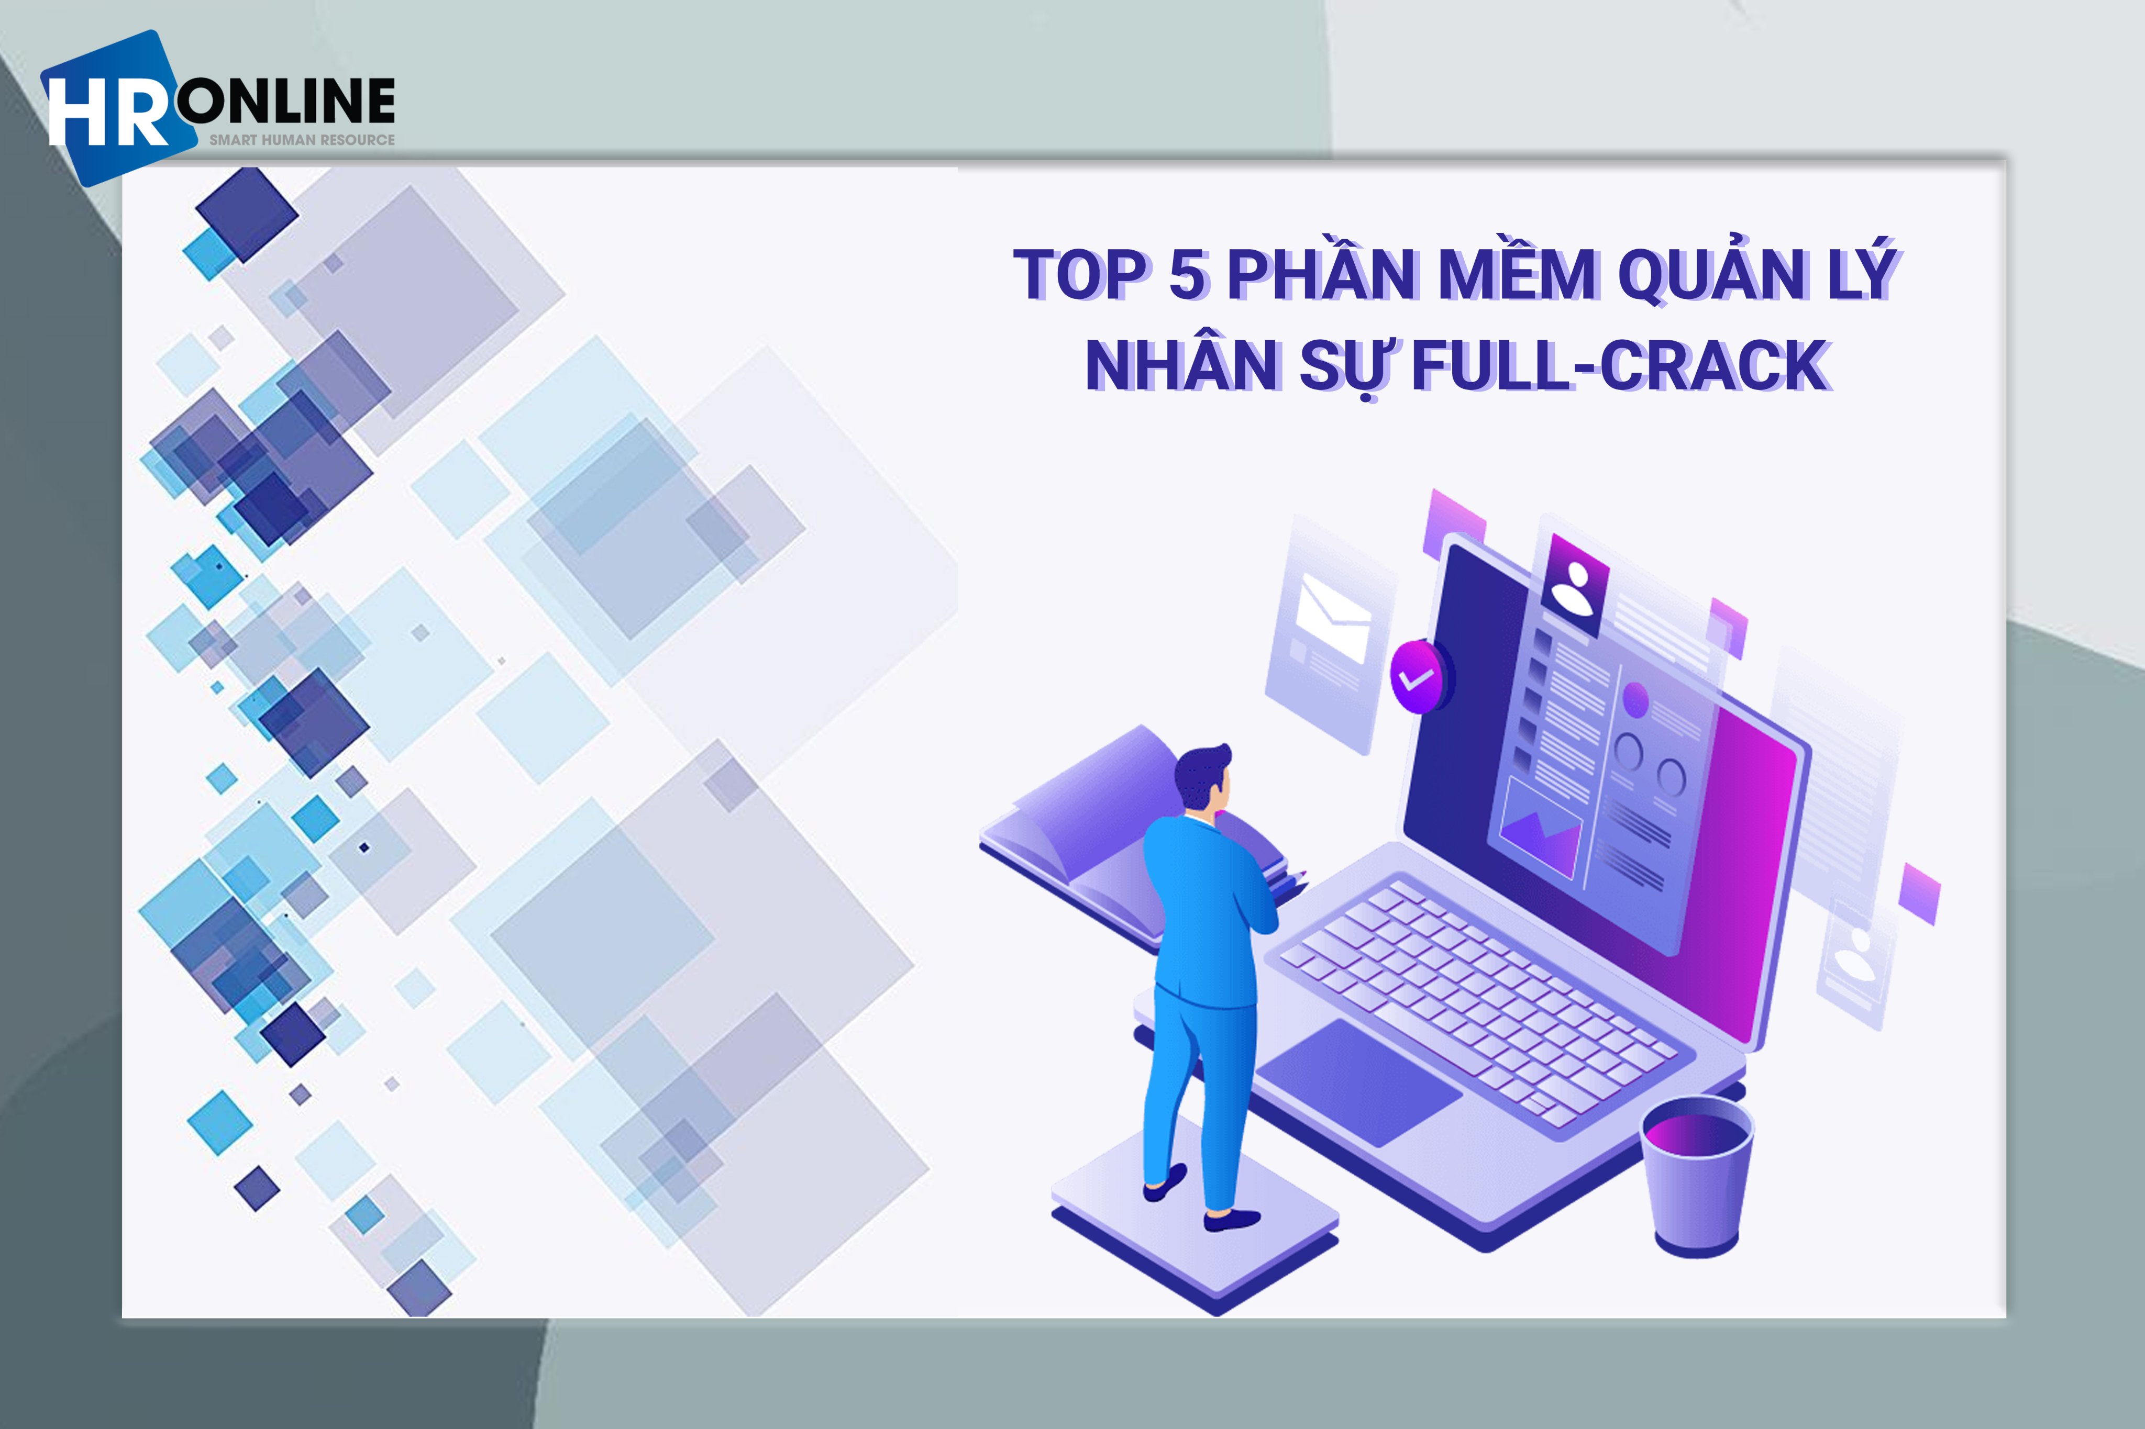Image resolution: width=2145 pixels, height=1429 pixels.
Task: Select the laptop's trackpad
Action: [1358, 1082]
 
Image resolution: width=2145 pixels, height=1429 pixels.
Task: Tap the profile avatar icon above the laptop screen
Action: [1574, 586]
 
